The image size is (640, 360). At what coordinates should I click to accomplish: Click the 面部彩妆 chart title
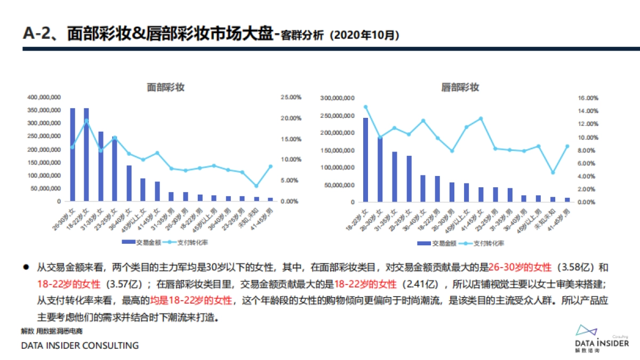165,87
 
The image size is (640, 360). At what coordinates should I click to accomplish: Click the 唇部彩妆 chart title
460,87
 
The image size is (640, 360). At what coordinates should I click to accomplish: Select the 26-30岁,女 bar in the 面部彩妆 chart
73,155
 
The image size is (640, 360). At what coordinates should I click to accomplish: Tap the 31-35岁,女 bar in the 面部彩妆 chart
100,166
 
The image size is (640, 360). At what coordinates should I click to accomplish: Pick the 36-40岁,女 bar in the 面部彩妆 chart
129,183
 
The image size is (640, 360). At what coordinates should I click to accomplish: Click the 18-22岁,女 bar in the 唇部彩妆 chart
365,160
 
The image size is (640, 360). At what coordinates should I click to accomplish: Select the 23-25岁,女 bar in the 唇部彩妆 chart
409,179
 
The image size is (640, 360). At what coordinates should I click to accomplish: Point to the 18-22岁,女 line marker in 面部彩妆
86,121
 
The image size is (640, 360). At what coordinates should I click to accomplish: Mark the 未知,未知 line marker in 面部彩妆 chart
256,186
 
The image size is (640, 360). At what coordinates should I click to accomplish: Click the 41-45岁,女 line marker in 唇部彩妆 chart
481,118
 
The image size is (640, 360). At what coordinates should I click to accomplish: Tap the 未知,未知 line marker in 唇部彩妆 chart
553,172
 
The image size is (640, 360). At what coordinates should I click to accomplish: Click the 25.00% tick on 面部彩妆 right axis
292,97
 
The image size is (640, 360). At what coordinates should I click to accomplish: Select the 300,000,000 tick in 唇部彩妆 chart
337,98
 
